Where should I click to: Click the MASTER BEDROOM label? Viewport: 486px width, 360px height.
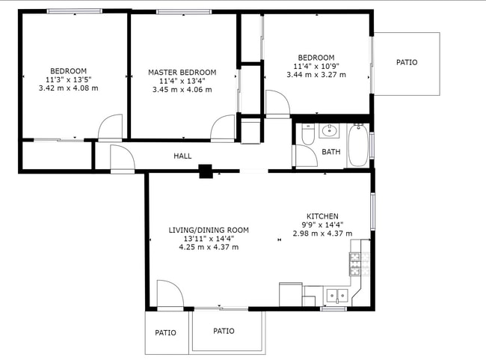[x=182, y=73]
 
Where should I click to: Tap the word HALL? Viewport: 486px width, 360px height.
[x=182, y=156]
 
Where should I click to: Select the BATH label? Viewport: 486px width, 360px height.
[x=330, y=152]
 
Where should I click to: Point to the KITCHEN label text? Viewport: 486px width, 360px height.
[x=322, y=216]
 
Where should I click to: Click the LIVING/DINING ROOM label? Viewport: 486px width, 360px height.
[x=209, y=230]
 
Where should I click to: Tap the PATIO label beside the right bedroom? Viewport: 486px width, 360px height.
[x=407, y=62]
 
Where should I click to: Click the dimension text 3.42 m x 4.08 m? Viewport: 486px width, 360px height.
[x=68, y=88]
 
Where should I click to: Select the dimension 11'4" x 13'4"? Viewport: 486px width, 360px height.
[x=182, y=81]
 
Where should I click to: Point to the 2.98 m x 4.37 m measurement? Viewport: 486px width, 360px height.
[x=322, y=233]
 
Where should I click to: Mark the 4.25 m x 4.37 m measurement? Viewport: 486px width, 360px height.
[x=209, y=247]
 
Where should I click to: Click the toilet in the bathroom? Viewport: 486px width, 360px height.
[x=307, y=135]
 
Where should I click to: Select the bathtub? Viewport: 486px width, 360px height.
[x=357, y=145]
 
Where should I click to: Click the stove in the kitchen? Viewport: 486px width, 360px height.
[x=355, y=262]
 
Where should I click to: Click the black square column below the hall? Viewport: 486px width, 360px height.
[x=206, y=171]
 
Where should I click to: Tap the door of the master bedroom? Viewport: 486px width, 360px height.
[x=224, y=129]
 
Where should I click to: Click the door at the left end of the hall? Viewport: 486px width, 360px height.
[x=121, y=158]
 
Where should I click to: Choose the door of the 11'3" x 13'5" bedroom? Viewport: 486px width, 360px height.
[x=110, y=128]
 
